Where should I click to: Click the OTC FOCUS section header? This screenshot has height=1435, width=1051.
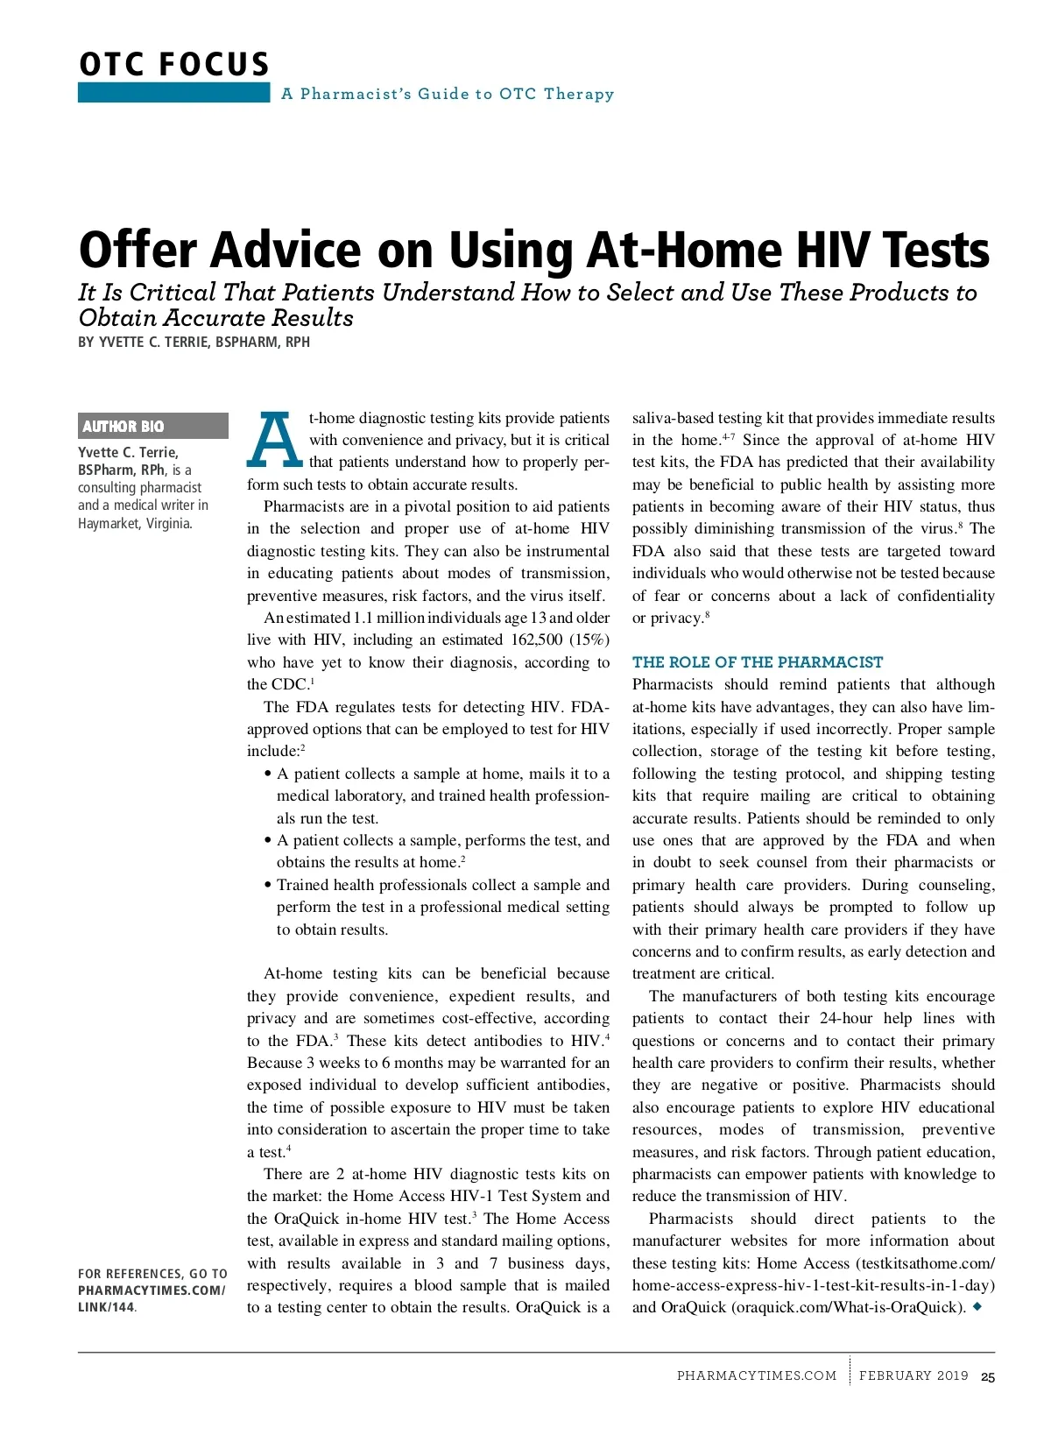pos(174,65)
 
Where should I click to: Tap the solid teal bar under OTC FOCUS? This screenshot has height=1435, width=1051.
pos(173,93)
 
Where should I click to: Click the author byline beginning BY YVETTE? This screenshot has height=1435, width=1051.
pos(194,343)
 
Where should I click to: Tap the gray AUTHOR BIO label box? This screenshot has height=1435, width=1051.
pos(152,427)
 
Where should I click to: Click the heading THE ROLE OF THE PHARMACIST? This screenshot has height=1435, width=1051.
pos(758,662)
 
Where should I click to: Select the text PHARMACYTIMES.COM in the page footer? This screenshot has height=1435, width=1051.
pos(757,1376)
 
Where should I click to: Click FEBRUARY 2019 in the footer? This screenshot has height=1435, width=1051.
pos(913,1376)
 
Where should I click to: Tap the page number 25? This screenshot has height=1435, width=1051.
pos(988,1377)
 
